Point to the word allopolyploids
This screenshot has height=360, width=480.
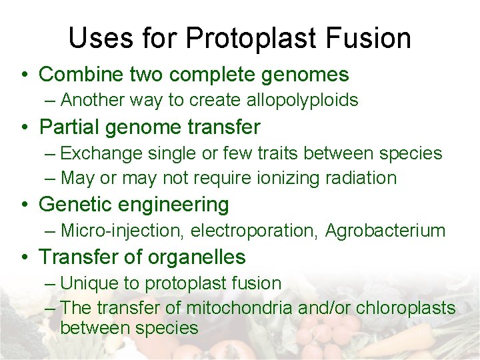click(x=303, y=100)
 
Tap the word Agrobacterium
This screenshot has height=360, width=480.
click(x=385, y=231)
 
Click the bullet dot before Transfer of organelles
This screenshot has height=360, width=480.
click(x=24, y=257)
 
